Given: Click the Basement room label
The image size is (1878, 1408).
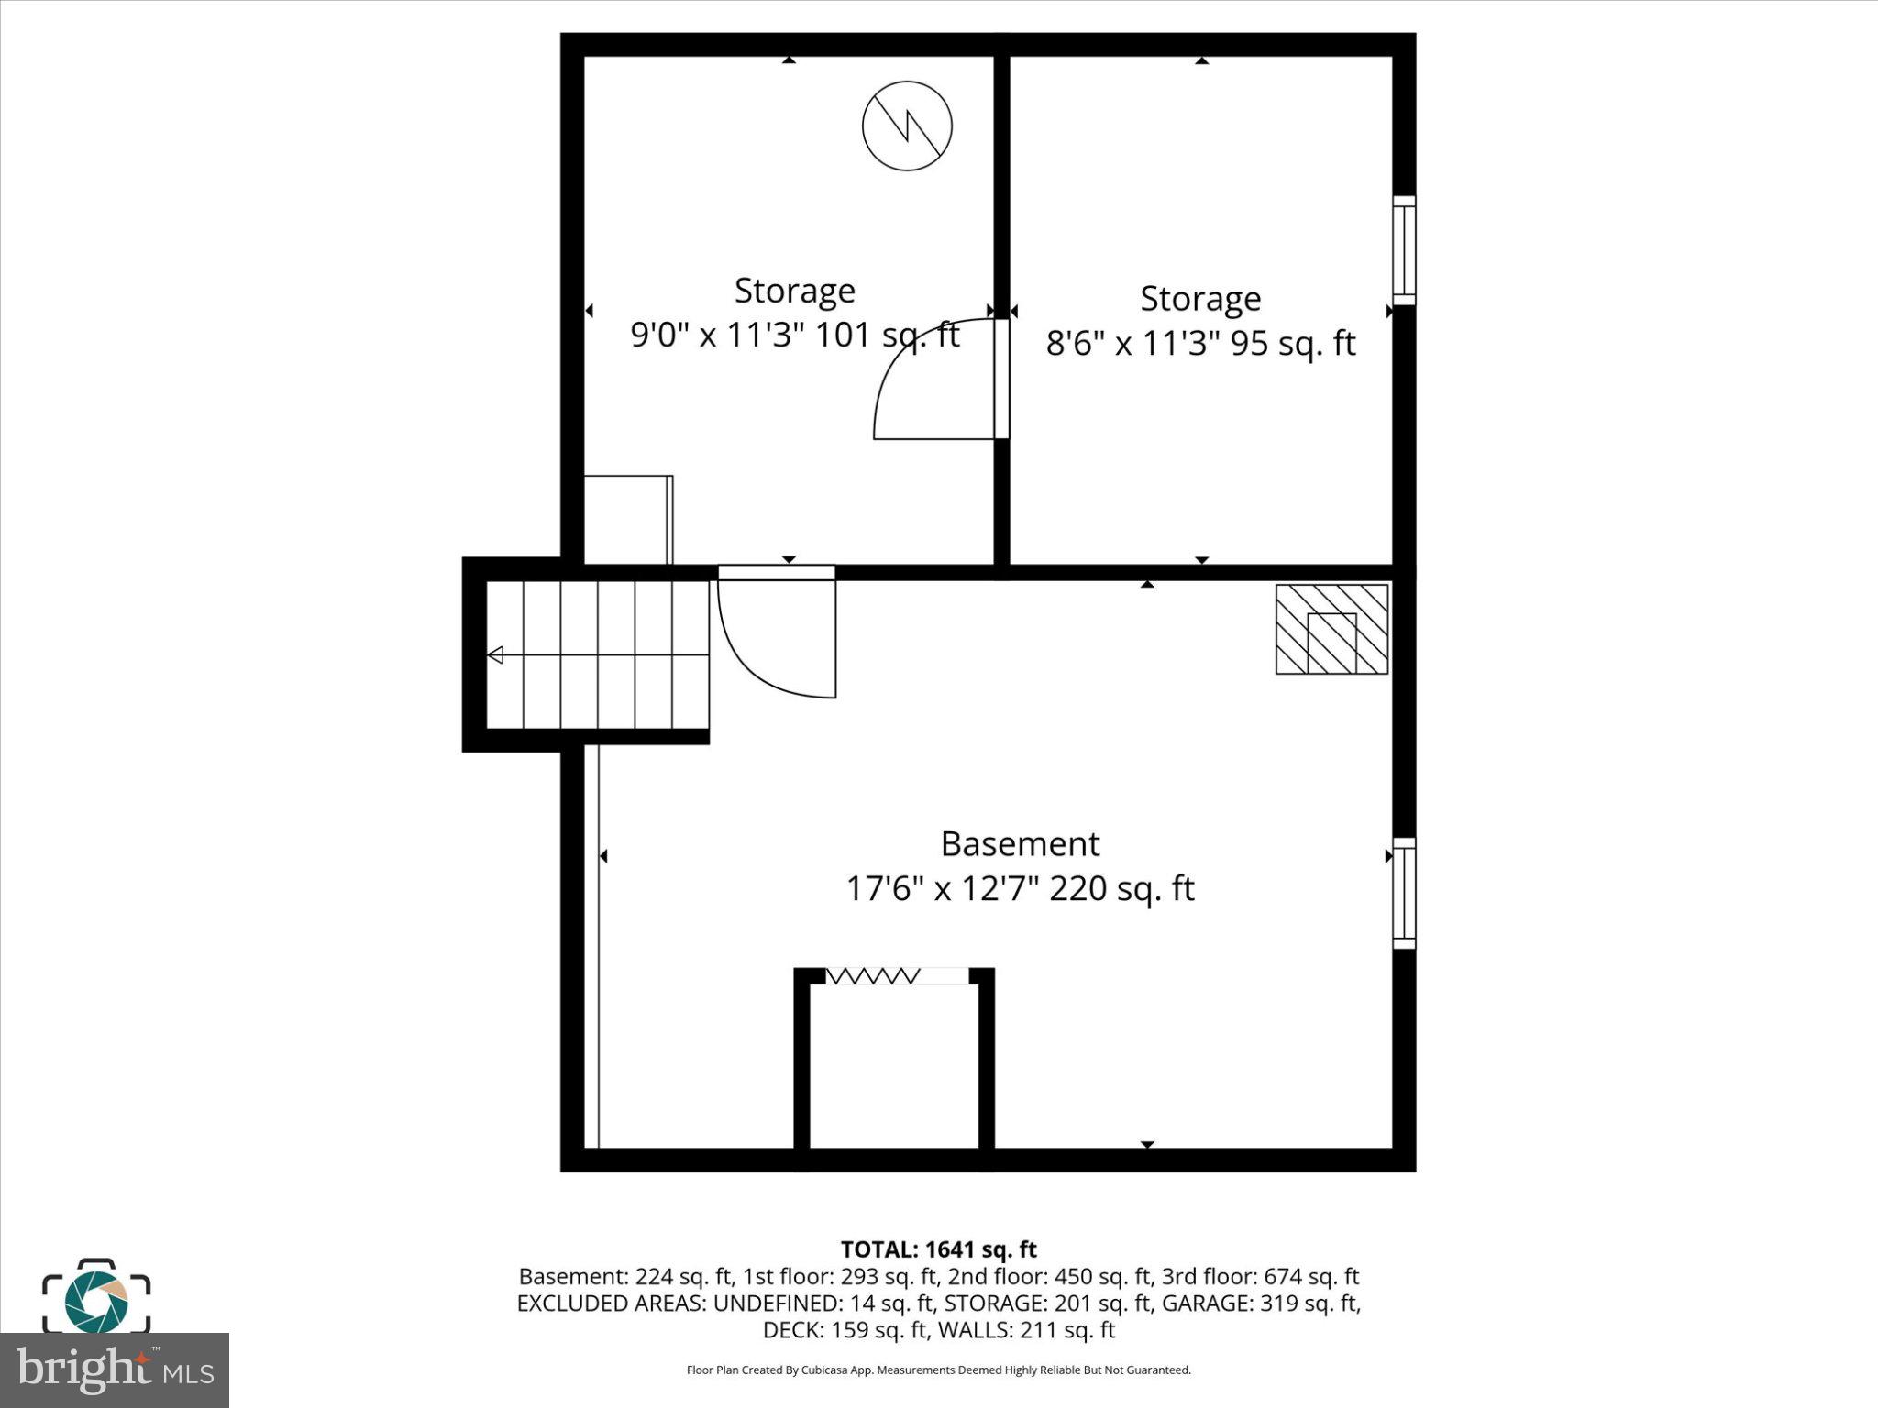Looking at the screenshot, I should (x=1020, y=843).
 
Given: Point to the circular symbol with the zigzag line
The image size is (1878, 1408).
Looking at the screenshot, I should (x=907, y=126).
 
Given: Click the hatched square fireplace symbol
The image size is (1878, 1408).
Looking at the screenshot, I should (x=1331, y=630).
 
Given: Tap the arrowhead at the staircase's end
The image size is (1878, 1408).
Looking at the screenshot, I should (x=495, y=654).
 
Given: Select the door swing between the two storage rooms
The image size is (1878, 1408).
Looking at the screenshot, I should (x=935, y=381).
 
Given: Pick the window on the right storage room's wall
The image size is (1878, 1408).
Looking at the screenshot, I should (x=1404, y=249).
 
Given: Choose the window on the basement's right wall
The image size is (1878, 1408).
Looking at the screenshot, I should (x=1404, y=893).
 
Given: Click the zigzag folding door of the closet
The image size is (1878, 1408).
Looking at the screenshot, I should (x=871, y=976).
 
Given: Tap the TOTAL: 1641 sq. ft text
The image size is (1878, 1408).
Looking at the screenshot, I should (x=938, y=1249).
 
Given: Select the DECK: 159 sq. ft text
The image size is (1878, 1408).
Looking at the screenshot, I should (x=845, y=1330).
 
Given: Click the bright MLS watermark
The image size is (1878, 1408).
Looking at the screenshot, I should (x=114, y=1370).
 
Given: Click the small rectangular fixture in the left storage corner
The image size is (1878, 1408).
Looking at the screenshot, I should (x=629, y=520).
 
